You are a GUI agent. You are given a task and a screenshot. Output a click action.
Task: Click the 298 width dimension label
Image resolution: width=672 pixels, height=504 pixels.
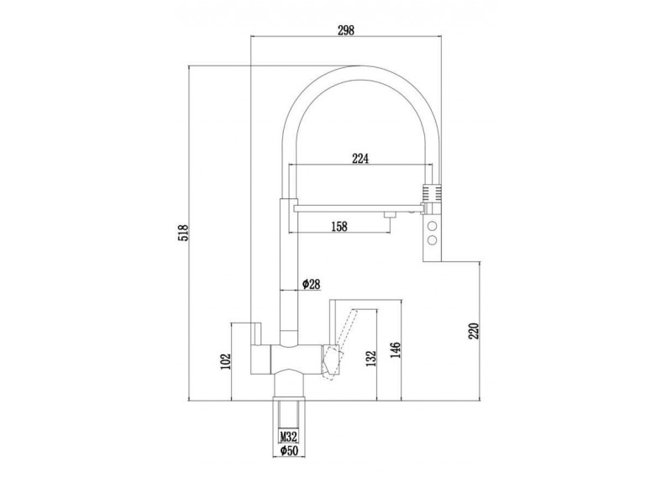pyautogui.click(x=346, y=30)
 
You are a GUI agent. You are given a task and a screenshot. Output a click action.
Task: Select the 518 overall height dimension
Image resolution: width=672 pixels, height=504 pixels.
pyautogui.click(x=183, y=233)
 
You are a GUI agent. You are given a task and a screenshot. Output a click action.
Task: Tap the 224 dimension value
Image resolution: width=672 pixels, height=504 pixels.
pyautogui.click(x=360, y=159)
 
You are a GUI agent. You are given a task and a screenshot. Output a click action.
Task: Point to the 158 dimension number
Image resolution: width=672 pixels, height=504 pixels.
pyautogui.click(x=339, y=226)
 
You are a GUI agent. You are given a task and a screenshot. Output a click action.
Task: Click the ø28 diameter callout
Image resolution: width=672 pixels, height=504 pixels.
pyautogui.click(x=311, y=283)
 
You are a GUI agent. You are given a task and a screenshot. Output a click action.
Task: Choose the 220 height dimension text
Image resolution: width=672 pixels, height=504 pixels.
pyautogui.click(x=473, y=330)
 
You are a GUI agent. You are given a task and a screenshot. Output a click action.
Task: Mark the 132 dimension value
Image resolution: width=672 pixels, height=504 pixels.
pyautogui.click(x=370, y=359)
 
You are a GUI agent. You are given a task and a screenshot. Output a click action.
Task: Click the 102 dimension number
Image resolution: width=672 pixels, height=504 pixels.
pyautogui.click(x=226, y=361)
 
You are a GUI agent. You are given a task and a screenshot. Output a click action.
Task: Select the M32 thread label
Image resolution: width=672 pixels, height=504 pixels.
pyautogui.click(x=289, y=437)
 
